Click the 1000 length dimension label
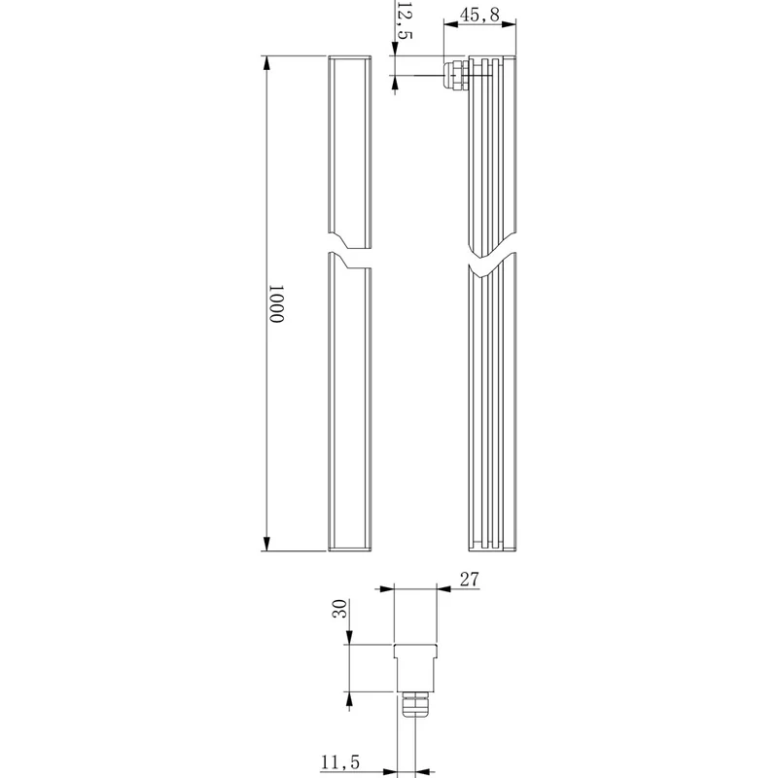[276, 303]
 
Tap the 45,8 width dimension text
[479, 15]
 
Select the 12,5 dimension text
[405, 19]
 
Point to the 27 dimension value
[470, 579]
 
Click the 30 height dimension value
[339, 609]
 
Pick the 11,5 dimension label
[340, 762]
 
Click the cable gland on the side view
[456, 75]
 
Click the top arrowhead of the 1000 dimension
[266, 63]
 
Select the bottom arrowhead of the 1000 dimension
[266, 544]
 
